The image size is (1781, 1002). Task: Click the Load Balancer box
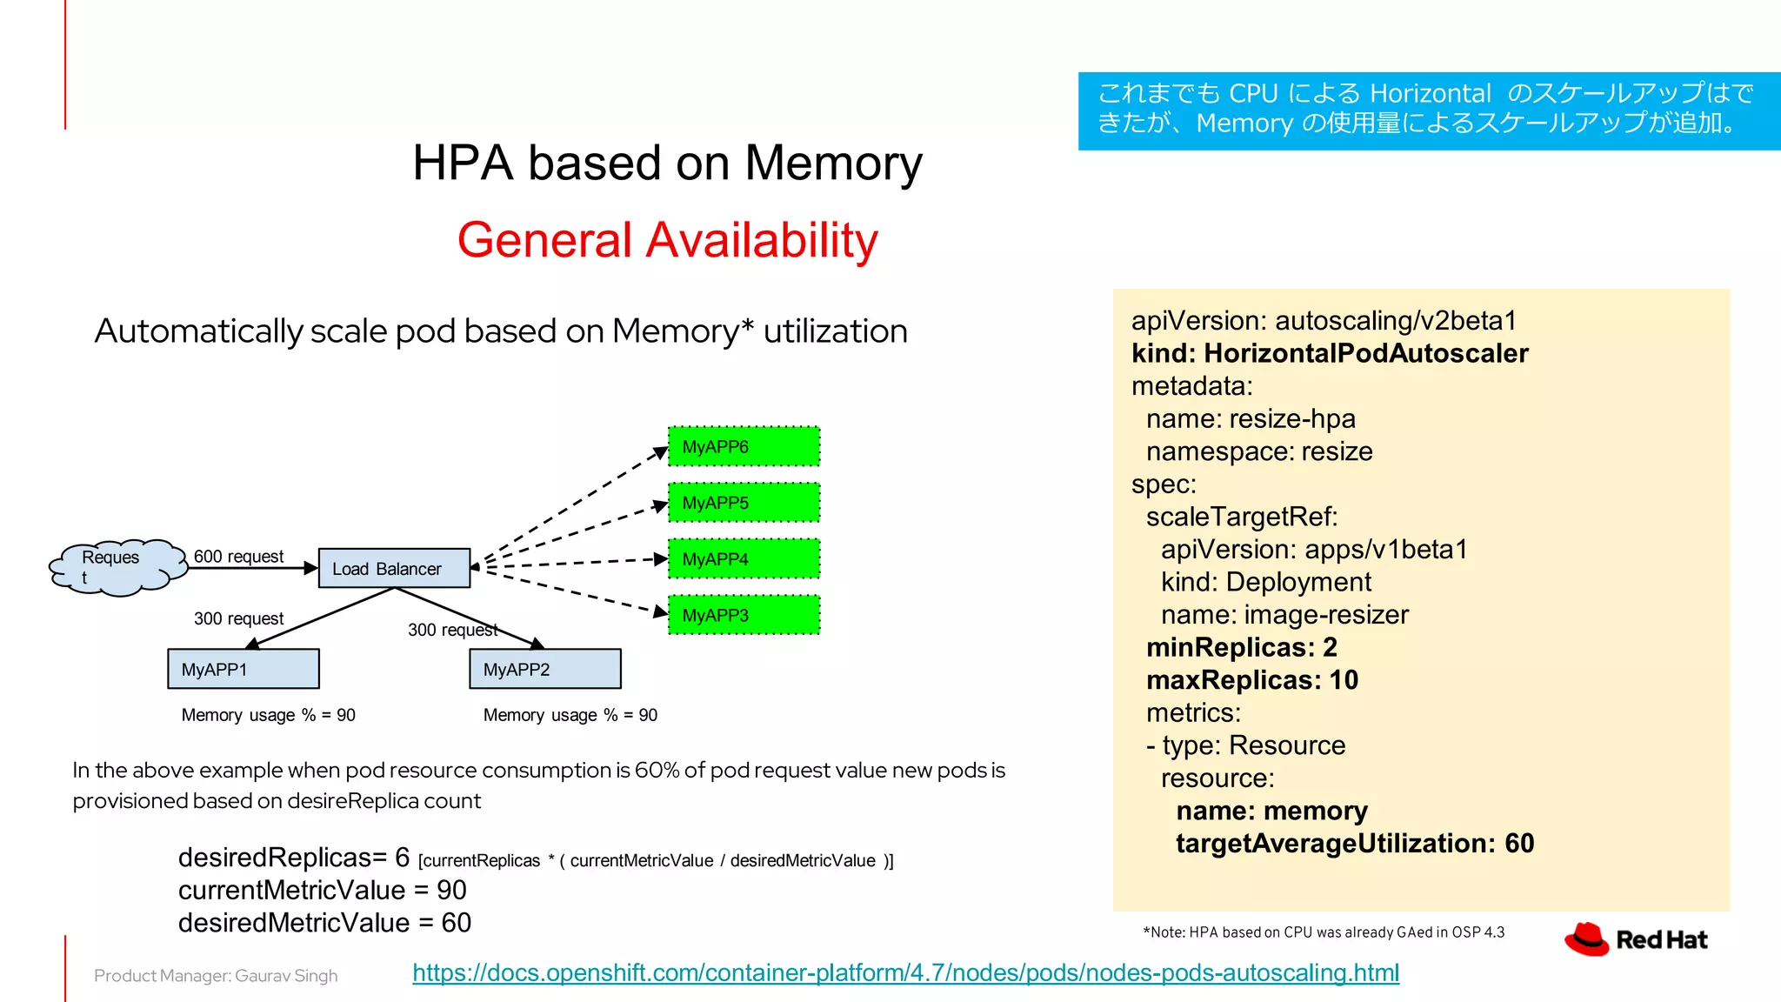(394, 568)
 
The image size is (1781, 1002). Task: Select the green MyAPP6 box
(744, 446)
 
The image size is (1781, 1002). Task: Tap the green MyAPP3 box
(744, 615)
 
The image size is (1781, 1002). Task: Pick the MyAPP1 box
(243, 669)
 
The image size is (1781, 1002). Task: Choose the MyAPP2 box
(545, 669)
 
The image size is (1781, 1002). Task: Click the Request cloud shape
(118, 567)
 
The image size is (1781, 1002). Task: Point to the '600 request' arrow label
(238, 556)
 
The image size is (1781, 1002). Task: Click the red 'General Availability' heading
(667, 240)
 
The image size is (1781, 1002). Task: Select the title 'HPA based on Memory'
(667, 163)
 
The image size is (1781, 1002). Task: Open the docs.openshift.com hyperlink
(905, 972)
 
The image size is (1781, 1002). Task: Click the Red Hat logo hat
(1587, 939)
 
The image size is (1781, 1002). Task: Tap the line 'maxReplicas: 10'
(1251, 680)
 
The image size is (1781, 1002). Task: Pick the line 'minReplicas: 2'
(1241, 647)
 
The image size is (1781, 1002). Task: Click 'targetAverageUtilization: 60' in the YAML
(1354, 843)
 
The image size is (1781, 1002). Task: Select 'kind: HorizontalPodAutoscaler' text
(1329, 353)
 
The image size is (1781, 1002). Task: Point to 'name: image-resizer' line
(1284, 615)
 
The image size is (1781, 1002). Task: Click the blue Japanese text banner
(1428, 110)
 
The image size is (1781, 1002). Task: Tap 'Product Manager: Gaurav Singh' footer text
(216, 976)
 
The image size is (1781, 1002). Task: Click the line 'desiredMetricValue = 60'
(324, 922)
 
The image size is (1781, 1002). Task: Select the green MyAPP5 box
(744, 503)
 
